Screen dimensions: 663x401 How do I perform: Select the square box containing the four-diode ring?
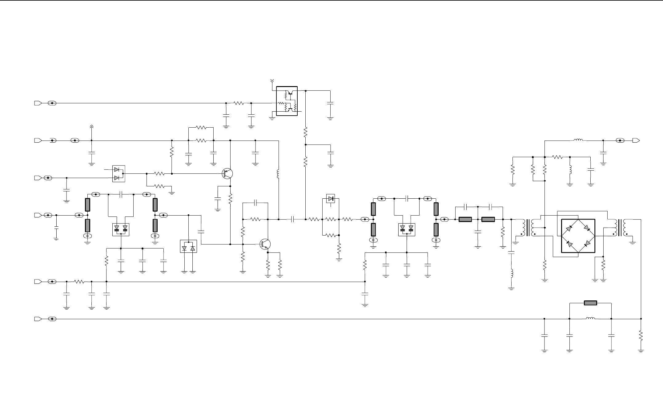pos(578,236)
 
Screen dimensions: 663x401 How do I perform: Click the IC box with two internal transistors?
pos(287,101)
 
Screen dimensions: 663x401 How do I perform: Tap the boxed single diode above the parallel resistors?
pos(331,199)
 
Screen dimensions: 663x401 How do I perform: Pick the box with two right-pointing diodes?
pos(119,174)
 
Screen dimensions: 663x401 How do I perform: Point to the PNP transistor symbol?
pos(227,174)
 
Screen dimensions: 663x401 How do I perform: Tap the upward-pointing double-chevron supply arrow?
pos(91,127)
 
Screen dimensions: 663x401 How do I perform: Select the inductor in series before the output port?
pos(578,141)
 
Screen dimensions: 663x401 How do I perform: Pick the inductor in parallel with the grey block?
pos(590,319)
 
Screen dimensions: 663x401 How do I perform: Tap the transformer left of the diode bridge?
pos(528,228)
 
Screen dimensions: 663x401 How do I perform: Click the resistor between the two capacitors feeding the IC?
pos(239,103)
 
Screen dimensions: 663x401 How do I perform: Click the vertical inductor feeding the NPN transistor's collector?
pos(279,174)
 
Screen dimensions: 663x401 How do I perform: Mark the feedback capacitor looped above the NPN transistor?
pos(255,203)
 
